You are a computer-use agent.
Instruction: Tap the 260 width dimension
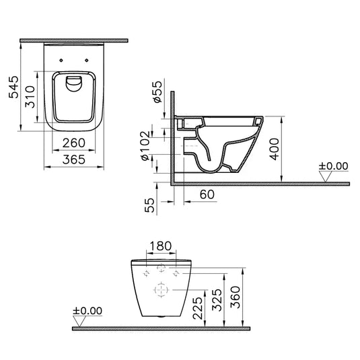(x=75, y=142)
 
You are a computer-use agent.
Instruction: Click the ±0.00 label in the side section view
(x=334, y=165)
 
